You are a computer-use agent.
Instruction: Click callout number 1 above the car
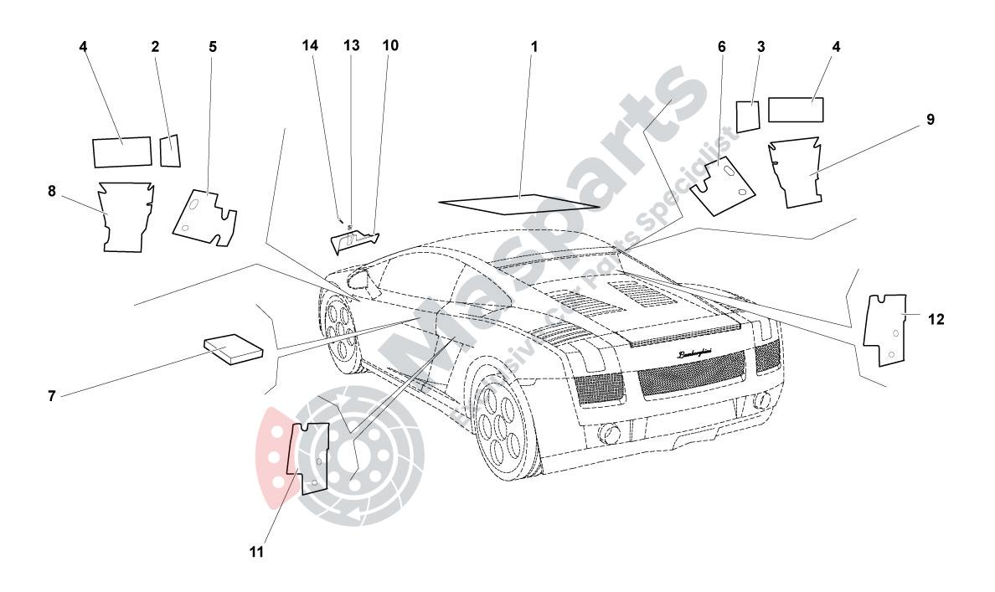click(x=534, y=46)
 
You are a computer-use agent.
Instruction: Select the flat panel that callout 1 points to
click(x=519, y=203)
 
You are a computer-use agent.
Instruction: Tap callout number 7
click(x=52, y=395)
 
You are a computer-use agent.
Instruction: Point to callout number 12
click(x=936, y=319)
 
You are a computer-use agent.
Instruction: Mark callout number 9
click(x=931, y=120)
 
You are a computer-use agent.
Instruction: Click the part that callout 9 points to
click(x=802, y=172)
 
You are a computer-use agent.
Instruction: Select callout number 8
click(x=52, y=191)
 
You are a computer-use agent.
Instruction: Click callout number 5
click(x=213, y=46)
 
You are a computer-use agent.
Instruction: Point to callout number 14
click(x=311, y=46)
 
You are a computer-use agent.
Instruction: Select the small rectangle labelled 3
click(x=747, y=115)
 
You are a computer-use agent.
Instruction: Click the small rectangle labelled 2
click(x=171, y=150)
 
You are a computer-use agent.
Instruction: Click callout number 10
click(x=390, y=46)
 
